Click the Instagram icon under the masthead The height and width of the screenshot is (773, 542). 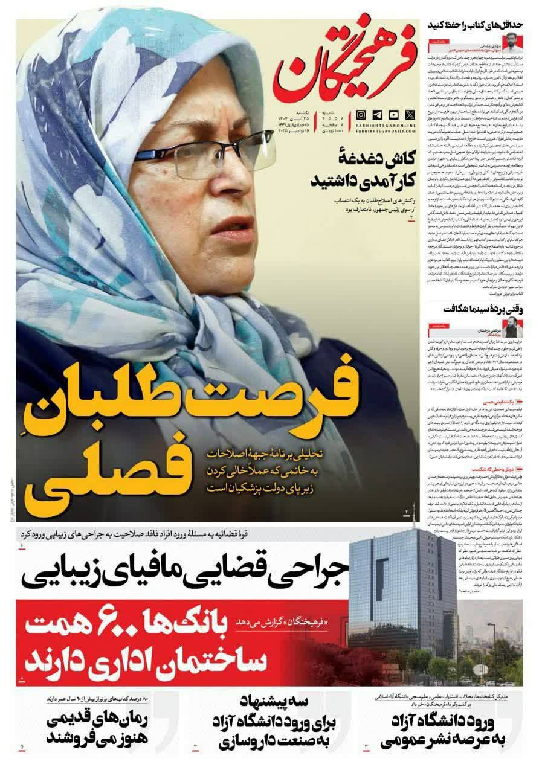[x=361, y=114]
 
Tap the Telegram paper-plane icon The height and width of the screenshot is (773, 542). [x=377, y=114]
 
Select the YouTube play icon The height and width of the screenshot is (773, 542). [x=393, y=114]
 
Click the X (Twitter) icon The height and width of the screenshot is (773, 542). [x=410, y=114]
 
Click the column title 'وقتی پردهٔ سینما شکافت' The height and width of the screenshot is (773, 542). [x=484, y=309]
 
